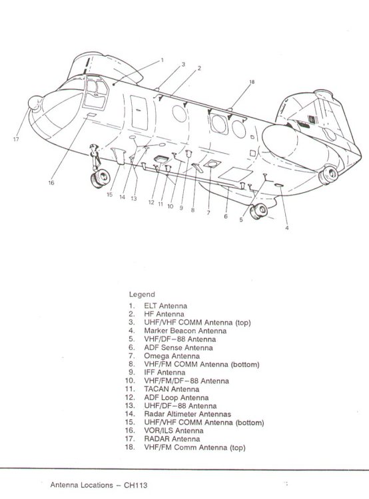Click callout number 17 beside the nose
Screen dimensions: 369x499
(x=16, y=140)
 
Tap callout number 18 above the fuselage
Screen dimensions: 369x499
(x=252, y=82)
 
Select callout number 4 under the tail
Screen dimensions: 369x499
(x=287, y=228)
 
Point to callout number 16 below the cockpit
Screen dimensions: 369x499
(x=51, y=183)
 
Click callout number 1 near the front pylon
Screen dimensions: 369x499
(x=163, y=60)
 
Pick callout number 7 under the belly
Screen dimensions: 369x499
(x=208, y=213)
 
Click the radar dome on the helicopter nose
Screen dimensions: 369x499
(x=35, y=103)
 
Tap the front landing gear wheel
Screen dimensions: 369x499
(x=101, y=178)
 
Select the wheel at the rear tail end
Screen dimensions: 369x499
(x=328, y=175)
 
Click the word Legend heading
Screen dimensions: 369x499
(x=142, y=294)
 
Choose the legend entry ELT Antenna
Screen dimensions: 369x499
(x=165, y=306)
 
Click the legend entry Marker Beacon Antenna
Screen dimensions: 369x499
(x=185, y=331)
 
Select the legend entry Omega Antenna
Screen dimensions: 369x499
(x=172, y=356)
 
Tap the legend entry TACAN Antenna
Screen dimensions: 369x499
(x=171, y=389)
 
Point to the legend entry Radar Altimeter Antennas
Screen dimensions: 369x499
(x=187, y=414)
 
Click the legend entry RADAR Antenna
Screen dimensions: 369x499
(x=172, y=439)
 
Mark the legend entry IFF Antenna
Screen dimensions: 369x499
(x=165, y=373)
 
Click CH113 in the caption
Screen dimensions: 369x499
(x=135, y=485)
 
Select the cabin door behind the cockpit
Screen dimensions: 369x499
(x=139, y=112)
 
